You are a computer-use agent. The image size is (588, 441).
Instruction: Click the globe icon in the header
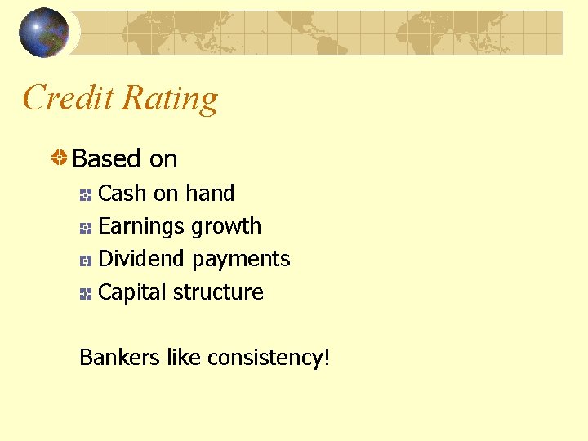pyautogui.click(x=44, y=33)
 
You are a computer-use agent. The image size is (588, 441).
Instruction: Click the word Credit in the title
pyautogui.click(x=67, y=98)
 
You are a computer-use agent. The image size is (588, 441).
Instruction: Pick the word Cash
pyautogui.click(x=122, y=194)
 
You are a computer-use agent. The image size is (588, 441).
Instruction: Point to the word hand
pyautogui.click(x=210, y=194)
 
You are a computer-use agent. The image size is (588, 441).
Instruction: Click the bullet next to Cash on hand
pyautogui.click(x=86, y=195)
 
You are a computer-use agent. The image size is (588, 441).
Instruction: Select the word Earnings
pyautogui.click(x=141, y=226)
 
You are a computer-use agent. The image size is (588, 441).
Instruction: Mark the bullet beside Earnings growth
pyautogui.click(x=86, y=229)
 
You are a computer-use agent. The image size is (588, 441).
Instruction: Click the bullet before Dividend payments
pyautogui.click(x=86, y=261)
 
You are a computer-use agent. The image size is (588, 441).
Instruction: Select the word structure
pyautogui.click(x=226, y=292)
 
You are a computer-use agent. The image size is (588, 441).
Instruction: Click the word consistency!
pyautogui.click(x=269, y=359)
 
